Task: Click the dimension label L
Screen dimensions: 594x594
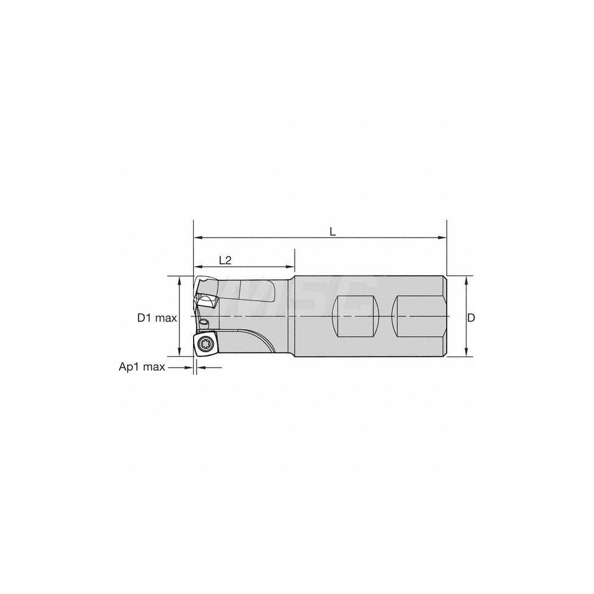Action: (x=333, y=230)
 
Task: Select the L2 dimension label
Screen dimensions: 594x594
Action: (x=225, y=260)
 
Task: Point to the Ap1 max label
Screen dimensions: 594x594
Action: (x=141, y=367)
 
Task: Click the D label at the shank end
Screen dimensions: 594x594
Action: (x=471, y=318)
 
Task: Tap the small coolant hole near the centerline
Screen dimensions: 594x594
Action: (x=204, y=322)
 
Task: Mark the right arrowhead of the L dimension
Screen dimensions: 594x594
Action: (x=443, y=238)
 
